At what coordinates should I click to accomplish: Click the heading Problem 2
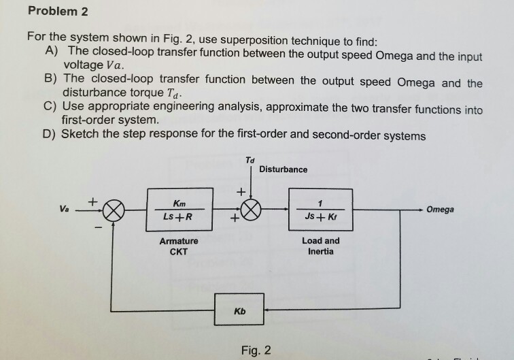pyautogui.click(x=58, y=12)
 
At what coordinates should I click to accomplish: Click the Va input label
pyautogui.click(x=64, y=210)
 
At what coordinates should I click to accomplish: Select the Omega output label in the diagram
pyautogui.click(x=440, y=210)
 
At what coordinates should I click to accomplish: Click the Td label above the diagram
pyautogui.click(x=250, y=159)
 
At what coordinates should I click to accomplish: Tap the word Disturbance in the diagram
pyautogui.click(x=283, y=169)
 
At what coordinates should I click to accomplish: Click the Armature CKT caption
pyautogui.click(x=178, y=246)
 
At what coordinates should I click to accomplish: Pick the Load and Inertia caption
pyautogui.click(x=320, y=246)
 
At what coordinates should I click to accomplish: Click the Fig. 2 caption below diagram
pyautogui.click(x=256, y=350)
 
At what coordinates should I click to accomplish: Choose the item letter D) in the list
pyautogui.click(x=52, y=135)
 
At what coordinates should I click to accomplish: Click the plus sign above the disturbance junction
pyautogui.click(x=239, y=193)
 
